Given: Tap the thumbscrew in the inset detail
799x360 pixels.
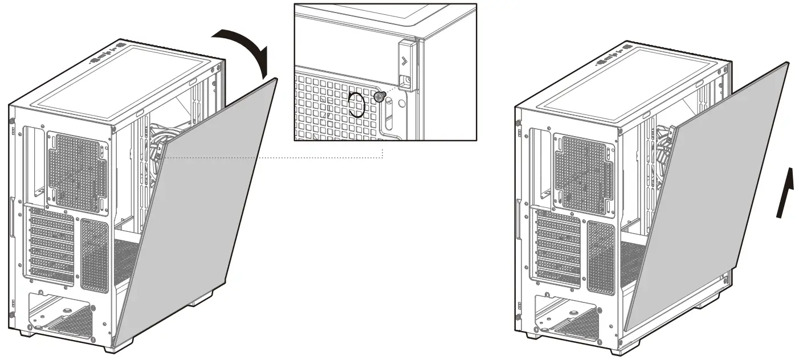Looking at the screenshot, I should [380, 97].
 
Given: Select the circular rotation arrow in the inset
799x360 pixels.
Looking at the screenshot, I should [357, 105].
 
